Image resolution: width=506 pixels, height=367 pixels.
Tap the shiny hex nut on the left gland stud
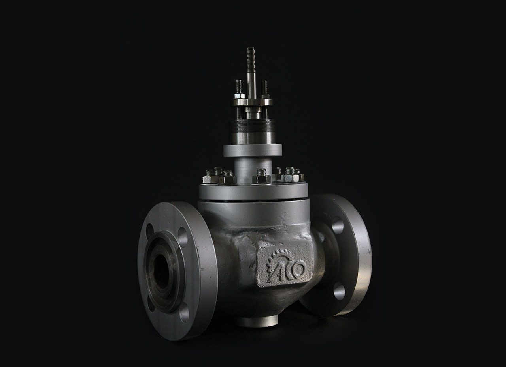coord(240,96)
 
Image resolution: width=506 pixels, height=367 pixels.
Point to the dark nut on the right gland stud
coord(265,96)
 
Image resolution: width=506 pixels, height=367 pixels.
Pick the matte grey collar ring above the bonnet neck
coord(253,150)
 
